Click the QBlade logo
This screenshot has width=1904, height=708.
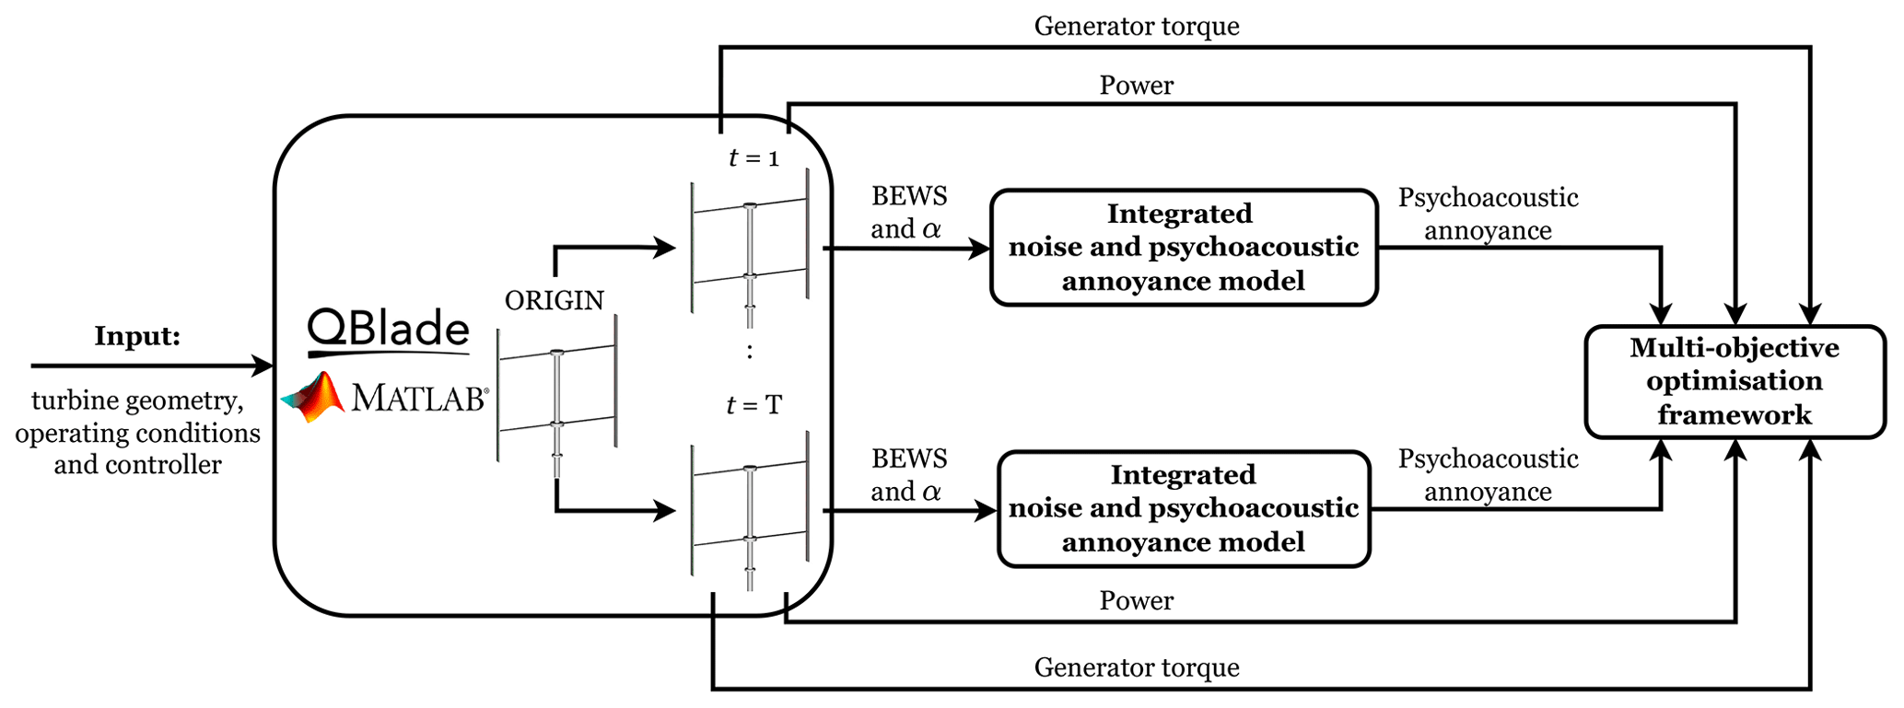pyautogui.click(x=388, y=331)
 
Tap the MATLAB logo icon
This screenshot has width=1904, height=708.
pyautogui.click(x=313, y=398)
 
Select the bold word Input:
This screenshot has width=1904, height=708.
pyautogui.click(x=137, y=336)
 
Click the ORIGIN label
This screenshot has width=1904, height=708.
pyautogui.click(x=555, y=300)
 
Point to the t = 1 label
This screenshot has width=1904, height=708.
pyautogui.click(x=753, y=158)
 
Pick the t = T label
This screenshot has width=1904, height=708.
pyautogui.click(x=753, y=405)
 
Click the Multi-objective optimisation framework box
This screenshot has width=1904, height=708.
pyautogui.click(x=1734, y=381)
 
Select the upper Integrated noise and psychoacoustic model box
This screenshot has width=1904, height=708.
pyautogui.click(x=1183, y=247)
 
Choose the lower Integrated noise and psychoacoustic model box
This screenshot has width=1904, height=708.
pyautogui.click(x=1183, y=508)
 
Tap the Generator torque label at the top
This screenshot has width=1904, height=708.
pyautogui.click(x=1136, y=26)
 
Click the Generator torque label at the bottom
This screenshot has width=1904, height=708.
pyautogui.click(x=1136, y=667)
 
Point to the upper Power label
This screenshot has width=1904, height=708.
pyautogui.click(x=1136, y=86)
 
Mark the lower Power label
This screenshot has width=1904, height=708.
pyautogui.click(x=1136, y=601)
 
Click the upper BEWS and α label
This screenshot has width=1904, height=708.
pyautogui.click(x=908, y=213)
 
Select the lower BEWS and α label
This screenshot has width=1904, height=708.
pyautogui.click(x=908, y=475)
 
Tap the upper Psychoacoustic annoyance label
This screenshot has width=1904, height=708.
pyautogui.click(x=1488, y=214)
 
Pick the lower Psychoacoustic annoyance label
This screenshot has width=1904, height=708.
pyautogui.click(x=1488, y=475)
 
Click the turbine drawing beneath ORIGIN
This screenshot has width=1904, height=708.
pyautogui.click(x=556, y=396)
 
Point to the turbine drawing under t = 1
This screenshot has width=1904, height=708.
pyautogui.click(x=750, y=249)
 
